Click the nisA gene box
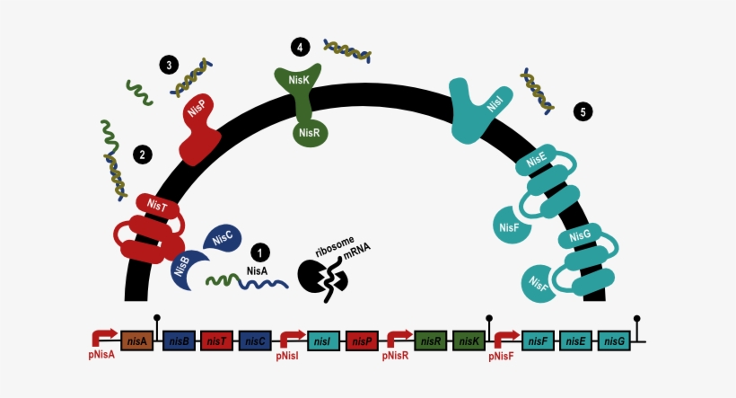[137, 341]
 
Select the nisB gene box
[179, 341]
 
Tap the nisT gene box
[217, 341]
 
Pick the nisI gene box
[323, 341]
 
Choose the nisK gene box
[469, 341]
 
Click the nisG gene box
[614, 341]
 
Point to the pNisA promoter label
[101, 355]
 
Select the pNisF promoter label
[502, 357]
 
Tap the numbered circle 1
[260, 252]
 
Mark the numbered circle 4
[301, 47]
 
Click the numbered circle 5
[583, 111]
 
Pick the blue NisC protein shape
[223, 237]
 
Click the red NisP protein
[199, 129]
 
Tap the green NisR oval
[310, 133]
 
